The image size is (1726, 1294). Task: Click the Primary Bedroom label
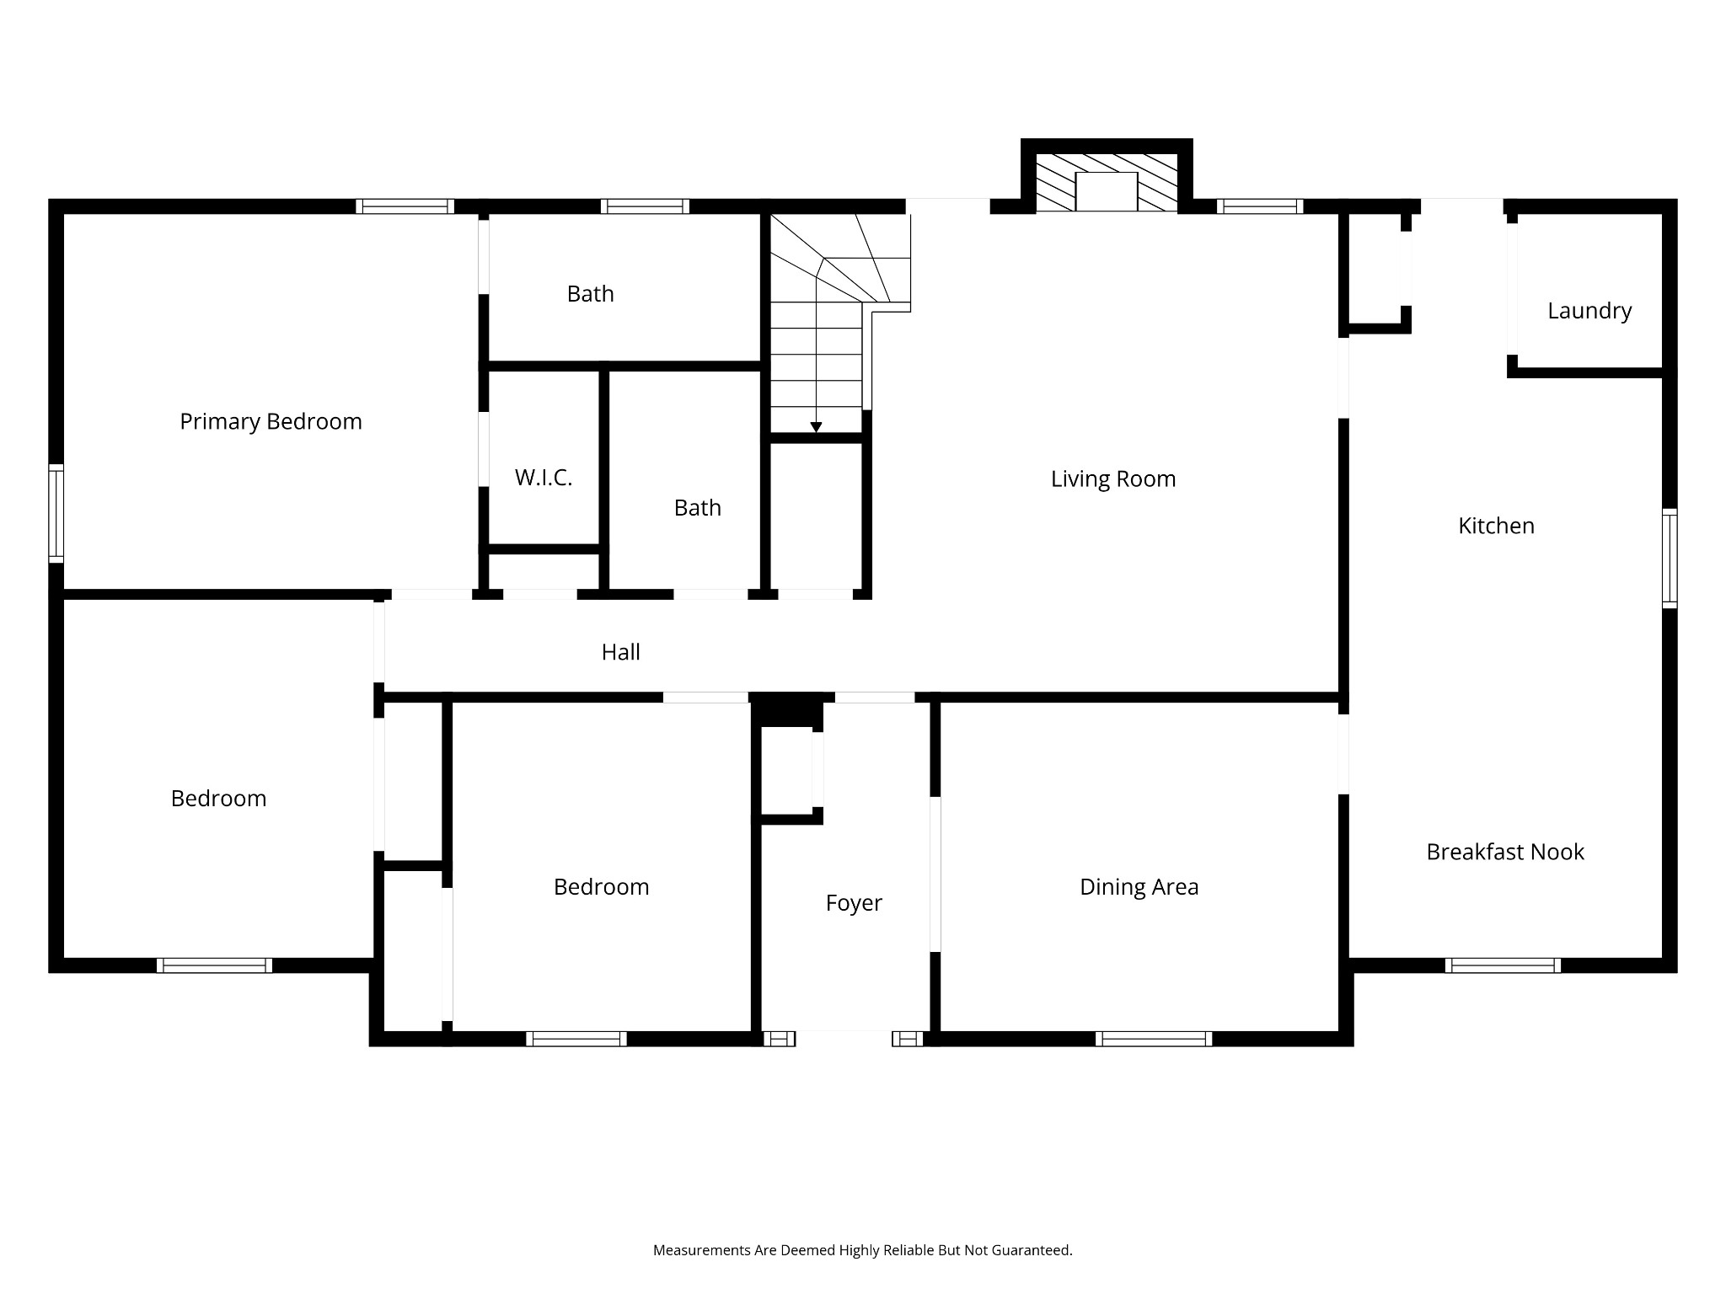pos(271,421)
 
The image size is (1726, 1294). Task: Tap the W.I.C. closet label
pos(544,478)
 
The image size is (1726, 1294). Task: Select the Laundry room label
pos(1589,311)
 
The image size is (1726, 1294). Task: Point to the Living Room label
pos(1112,479)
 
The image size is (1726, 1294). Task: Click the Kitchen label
pos(1496,526)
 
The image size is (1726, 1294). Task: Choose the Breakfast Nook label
pos(1505,852)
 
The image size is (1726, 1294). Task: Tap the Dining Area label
pos(1139,887)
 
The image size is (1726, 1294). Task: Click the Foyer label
pos(854,903)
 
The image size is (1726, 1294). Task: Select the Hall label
pos(620,652)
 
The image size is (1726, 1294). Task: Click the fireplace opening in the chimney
pos(1107,191)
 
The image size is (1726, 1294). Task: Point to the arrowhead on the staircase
pos(816,428)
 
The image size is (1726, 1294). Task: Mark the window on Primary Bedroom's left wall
pos(56,513)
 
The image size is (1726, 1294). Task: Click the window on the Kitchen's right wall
pos(1670,558)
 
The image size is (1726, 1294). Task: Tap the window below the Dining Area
pos(1154,1039)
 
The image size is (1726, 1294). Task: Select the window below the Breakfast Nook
pos(1503,965)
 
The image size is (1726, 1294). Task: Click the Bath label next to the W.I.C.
pos(698,508)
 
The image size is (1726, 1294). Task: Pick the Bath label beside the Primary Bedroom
pos(590,294)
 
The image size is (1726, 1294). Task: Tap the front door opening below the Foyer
pos(844,1039)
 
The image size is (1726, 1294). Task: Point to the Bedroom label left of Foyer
pos(601,887)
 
